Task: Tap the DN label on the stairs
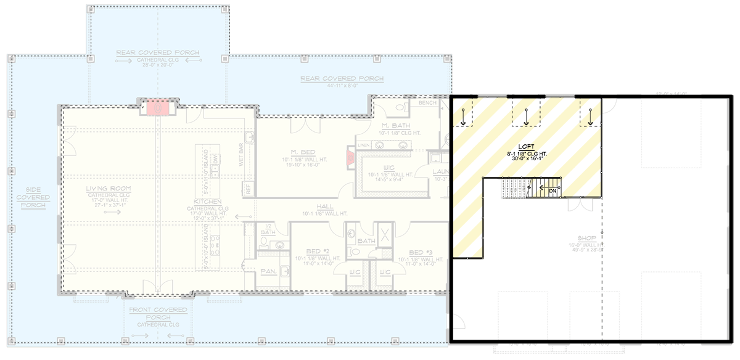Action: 553,190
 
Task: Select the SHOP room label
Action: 583,237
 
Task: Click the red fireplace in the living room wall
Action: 158,107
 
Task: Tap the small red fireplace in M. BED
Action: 350,158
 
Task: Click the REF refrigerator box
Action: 249,190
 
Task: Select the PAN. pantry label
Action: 267,270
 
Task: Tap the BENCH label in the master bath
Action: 427,102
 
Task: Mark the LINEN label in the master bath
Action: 364,145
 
